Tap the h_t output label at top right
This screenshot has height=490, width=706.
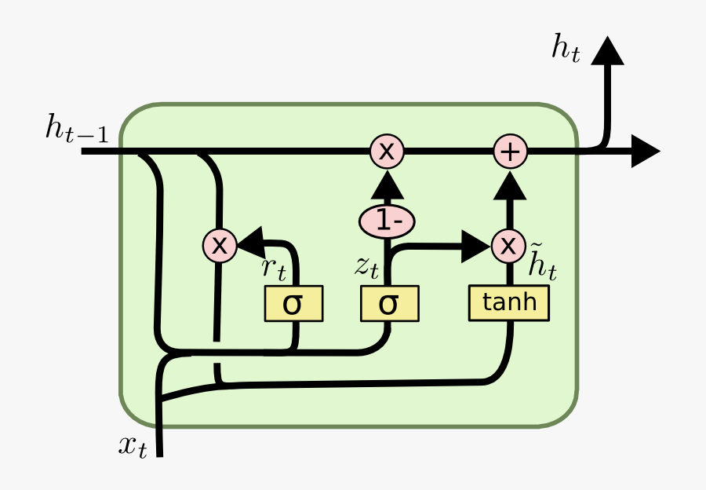566,49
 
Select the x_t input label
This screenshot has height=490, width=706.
133,447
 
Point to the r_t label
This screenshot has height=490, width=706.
274,269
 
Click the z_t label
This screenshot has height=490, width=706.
366,267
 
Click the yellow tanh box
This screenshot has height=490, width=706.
509,303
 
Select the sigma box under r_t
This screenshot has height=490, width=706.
293,304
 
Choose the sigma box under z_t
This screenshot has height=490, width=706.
389,304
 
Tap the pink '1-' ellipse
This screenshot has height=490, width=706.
387,222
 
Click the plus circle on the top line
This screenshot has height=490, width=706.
510,152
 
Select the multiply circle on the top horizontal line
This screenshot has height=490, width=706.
387,152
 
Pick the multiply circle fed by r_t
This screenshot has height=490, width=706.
220,246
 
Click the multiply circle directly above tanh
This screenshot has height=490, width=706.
509,246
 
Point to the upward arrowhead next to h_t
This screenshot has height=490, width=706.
607,51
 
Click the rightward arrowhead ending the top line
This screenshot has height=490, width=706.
646,152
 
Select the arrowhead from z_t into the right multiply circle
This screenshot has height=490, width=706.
475,246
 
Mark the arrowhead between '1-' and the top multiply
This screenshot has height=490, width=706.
387,185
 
